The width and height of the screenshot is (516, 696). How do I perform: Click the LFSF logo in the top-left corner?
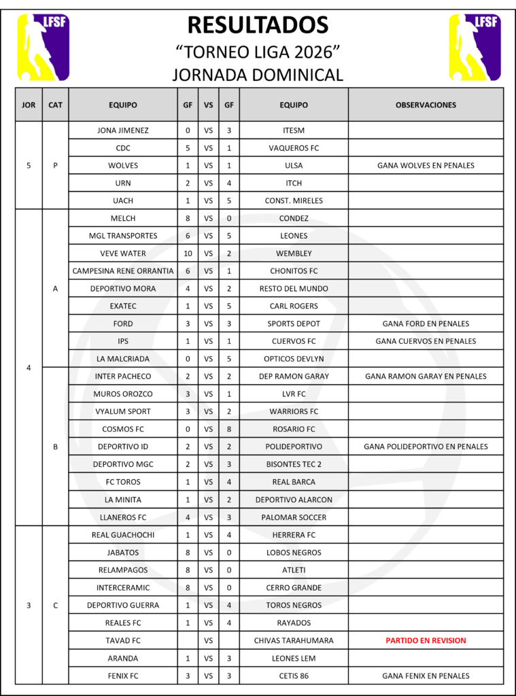coord(43,47)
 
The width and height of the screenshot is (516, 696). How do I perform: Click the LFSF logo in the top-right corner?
coord(474,47)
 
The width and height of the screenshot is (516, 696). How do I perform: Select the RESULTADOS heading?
coord(258,25)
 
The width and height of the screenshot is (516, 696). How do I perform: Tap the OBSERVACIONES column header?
coord(426,105)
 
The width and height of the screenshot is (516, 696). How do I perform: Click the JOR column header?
coord(29,105)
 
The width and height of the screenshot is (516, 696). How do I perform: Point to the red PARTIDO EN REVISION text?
coord(426,640)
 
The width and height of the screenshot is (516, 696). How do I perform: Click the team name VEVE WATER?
coord(123,254)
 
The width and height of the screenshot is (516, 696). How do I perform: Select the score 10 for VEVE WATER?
coord(188,254)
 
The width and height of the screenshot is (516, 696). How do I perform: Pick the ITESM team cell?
coord(294,130)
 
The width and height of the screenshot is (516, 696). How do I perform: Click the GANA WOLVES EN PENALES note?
coord(426,165)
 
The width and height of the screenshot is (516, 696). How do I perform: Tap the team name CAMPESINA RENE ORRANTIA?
coord(123,271)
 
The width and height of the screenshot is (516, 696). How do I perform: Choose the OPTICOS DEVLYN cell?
coord(294,359)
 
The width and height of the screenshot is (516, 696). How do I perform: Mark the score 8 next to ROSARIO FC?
coord(229,429)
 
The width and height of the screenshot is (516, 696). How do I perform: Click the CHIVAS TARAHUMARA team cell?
coord(294,640)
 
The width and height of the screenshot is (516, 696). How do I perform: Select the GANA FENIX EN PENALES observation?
coord(426,676)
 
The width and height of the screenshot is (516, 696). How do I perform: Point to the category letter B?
coord(55,447)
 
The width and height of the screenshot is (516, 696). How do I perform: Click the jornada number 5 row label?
coord(29,165)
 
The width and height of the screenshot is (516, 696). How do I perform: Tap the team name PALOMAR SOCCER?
coord(294,517)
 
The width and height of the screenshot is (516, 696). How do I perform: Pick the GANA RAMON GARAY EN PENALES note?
coord(426,376)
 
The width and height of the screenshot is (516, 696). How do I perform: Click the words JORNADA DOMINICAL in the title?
coord(258,74)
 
